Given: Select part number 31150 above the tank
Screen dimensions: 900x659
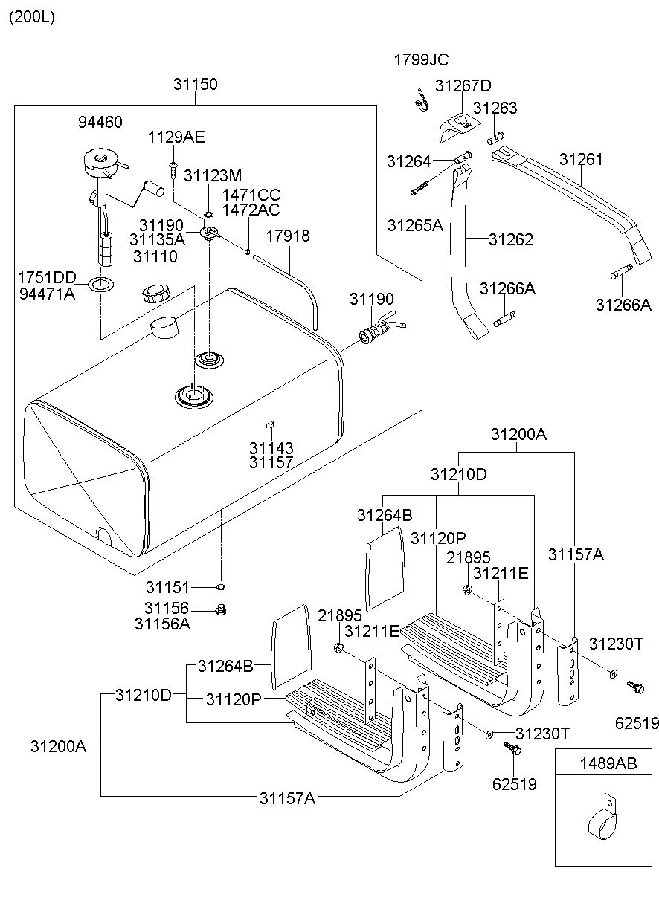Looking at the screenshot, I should click(x=196, y=84).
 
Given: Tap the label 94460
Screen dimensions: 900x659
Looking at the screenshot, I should click(x=100, y=122).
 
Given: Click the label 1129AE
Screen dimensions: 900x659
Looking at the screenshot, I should click(x=176, y=137).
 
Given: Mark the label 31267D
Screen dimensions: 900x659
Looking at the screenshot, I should click(x=463, y=85).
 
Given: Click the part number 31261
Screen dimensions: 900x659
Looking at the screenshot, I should click(x=581, y=159).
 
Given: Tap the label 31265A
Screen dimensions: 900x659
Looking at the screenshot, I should click(x=414, y=224).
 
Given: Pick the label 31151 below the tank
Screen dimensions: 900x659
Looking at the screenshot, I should click(x=167, y=586).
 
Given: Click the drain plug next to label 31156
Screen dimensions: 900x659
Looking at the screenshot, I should click(x=220, y=610).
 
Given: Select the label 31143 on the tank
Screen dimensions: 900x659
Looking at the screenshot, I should click(x=271, y=448).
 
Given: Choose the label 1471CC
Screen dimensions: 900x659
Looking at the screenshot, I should click(x=251, y=195).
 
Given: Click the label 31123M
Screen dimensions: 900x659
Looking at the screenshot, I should click(x=213, y=175).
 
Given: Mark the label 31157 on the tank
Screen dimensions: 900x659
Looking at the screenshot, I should click(x=271, y=462).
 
